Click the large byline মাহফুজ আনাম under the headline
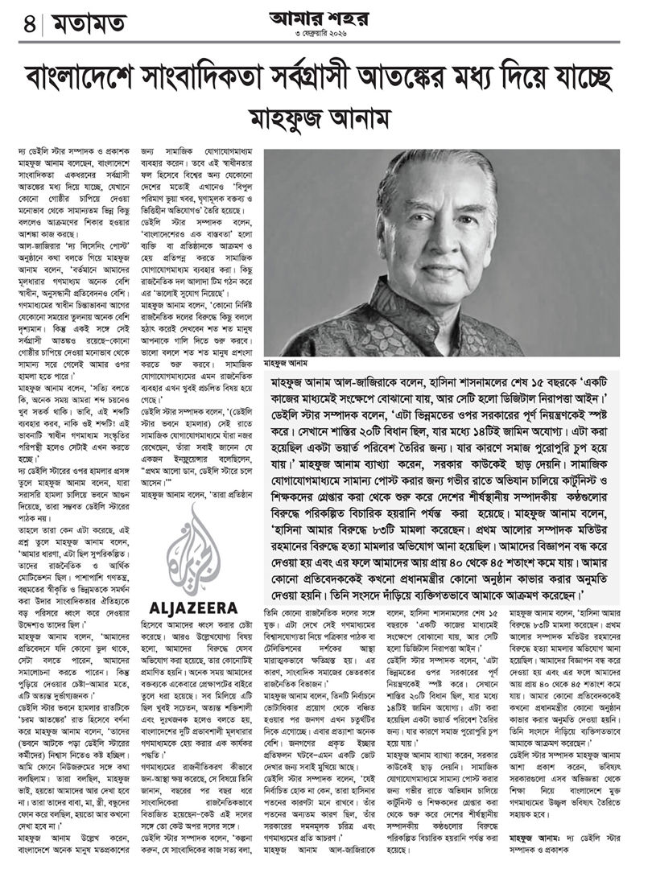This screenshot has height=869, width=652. (326, 118)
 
